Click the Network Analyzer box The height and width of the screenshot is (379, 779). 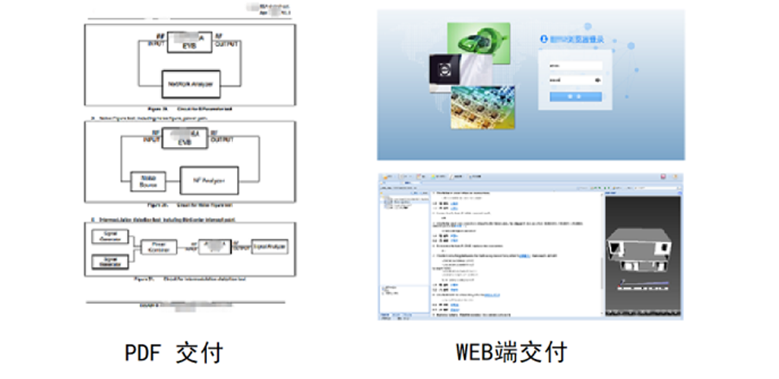[x=190, y=84]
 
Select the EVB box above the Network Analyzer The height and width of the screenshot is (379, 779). [x=190, y=42]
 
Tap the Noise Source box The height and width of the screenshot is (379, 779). [x=146, y=181]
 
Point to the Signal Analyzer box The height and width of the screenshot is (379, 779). [x=268, y=247]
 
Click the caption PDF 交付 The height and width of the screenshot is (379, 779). [x=174, y=353]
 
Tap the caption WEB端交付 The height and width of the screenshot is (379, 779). [x=512, y=353]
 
